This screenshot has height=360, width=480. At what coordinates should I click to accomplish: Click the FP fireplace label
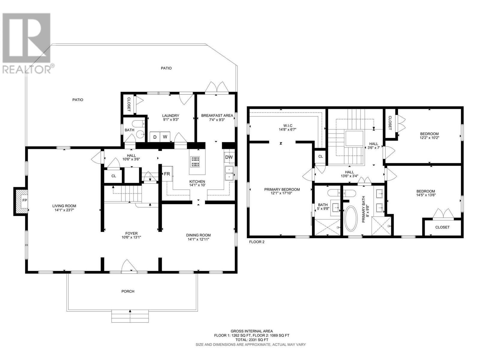25,200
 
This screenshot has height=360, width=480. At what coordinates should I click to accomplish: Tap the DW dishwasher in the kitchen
229,157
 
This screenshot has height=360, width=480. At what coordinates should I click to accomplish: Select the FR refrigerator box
167,174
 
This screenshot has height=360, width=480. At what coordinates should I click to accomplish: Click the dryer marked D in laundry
155,137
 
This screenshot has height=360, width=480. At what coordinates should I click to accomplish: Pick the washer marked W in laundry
165,137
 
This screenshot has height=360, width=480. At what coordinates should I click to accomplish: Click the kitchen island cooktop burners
195,162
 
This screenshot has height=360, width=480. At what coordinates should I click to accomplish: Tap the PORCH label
128,291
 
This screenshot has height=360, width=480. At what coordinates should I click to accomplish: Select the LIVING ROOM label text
64,206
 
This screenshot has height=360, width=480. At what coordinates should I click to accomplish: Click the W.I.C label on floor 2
288,126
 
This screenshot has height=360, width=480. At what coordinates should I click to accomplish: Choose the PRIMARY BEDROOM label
282,190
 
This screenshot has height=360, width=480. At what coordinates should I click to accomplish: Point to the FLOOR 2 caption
257,242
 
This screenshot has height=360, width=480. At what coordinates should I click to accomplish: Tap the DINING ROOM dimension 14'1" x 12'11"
198,239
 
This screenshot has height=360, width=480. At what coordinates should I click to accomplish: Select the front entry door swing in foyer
129,265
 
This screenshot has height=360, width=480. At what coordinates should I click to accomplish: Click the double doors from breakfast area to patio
217,87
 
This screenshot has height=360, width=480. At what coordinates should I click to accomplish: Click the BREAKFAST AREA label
217,115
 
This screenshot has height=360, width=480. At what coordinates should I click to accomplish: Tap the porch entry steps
130,316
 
